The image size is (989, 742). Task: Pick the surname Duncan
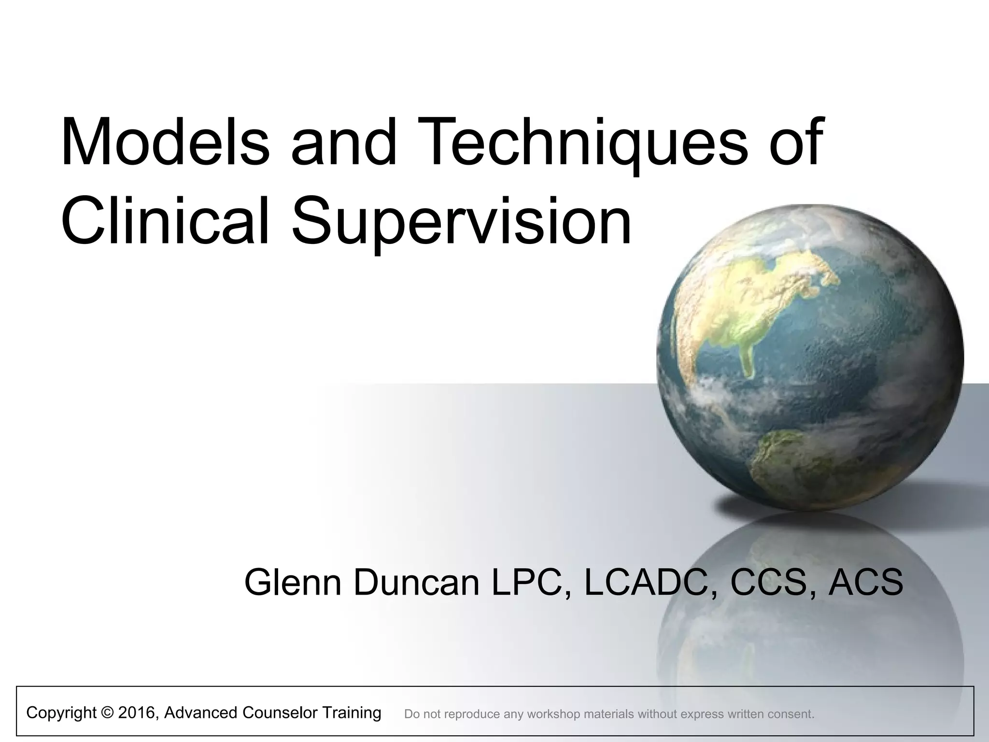pos(416,582)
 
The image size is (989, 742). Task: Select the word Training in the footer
pos(352,713)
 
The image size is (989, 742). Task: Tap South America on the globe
pos(792,464)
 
